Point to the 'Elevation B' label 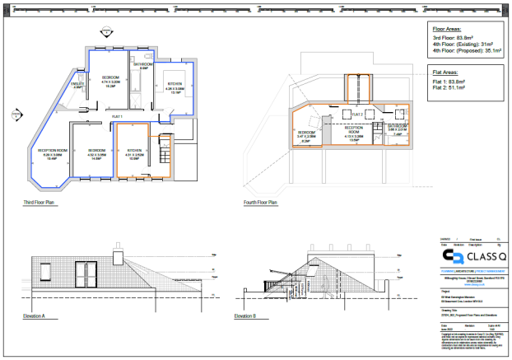244,316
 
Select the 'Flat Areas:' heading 448,72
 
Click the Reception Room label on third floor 51,152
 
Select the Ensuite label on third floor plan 79,85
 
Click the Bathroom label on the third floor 142,65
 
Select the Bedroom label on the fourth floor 306,133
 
